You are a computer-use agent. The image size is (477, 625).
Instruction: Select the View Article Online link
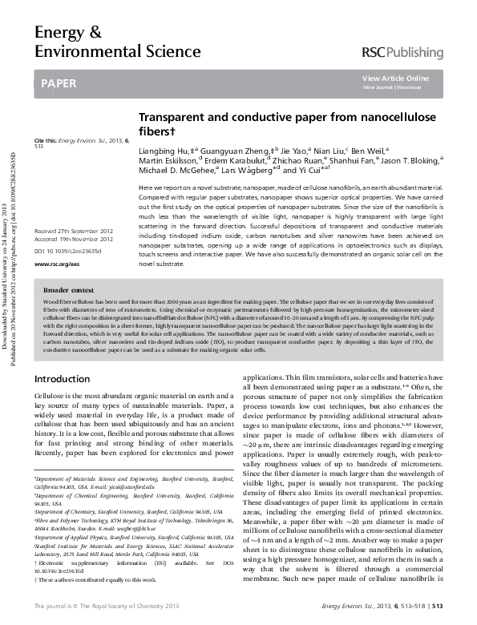pos(395,78)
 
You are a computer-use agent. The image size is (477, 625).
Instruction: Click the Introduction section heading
pos(63,378)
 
